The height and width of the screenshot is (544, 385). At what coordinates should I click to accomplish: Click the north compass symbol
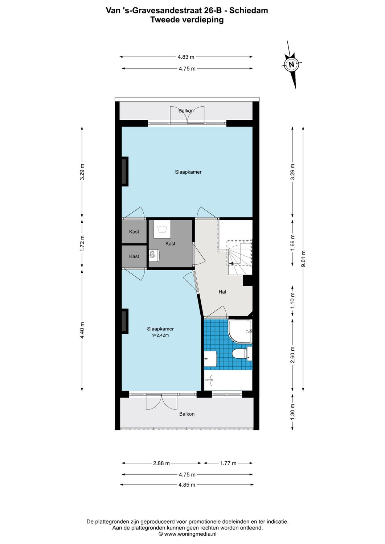(x=291, y=65)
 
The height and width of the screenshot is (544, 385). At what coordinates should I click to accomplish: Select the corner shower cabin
(x=240, y=331)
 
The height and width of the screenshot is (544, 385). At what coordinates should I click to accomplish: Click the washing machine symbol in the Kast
(x=162, y=229)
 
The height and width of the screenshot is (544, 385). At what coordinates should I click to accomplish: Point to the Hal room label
(x=222, y=292)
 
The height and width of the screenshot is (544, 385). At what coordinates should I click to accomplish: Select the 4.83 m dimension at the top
(x=186, y=57)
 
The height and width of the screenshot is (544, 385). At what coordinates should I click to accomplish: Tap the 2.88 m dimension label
(x=161, y=463)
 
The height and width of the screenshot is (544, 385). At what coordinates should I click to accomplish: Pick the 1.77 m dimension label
(x=228, y=463)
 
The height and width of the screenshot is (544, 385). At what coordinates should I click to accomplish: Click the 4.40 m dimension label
(x=82, y=330)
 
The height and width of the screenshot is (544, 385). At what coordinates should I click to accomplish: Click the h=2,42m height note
(x=160, y=335)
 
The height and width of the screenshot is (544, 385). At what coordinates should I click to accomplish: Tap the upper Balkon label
(x=186, y=111)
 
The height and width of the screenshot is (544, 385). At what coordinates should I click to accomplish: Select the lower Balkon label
(x=187, y=414)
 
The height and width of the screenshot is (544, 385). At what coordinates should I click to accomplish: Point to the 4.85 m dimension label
(x=187, y=485)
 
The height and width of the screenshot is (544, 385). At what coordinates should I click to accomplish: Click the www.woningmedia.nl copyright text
(x=187, y=534)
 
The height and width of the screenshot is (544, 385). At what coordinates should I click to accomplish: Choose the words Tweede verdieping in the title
(x=187, y=20)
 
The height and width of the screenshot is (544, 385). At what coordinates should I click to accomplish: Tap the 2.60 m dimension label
(x=293, y=355)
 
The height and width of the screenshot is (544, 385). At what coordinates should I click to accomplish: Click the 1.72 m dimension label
(x=82, y=244)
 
